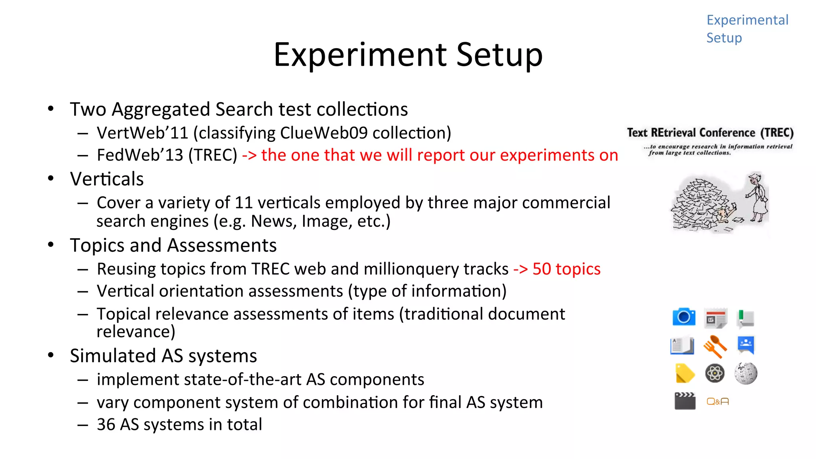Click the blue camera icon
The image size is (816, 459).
click(684, 317)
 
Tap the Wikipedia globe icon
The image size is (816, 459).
click(745, 373)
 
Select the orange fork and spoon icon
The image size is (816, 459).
click(715, 346)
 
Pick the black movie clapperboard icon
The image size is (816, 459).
click(685, 401)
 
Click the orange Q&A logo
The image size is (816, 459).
click(718, 402)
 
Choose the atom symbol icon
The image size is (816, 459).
click(715, 373)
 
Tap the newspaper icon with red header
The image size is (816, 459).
click(716, 318)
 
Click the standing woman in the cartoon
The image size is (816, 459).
click(757, 197)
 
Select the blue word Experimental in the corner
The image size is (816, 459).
click(747, 20)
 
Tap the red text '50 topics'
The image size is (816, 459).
click(566, 269)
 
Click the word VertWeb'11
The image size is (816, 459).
click(142, 133)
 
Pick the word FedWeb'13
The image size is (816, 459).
click(140, 155)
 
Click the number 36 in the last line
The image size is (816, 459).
click(106, 424)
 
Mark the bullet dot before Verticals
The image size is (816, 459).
click(51, 178)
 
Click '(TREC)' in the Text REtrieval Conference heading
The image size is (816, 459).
click(777, 133)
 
